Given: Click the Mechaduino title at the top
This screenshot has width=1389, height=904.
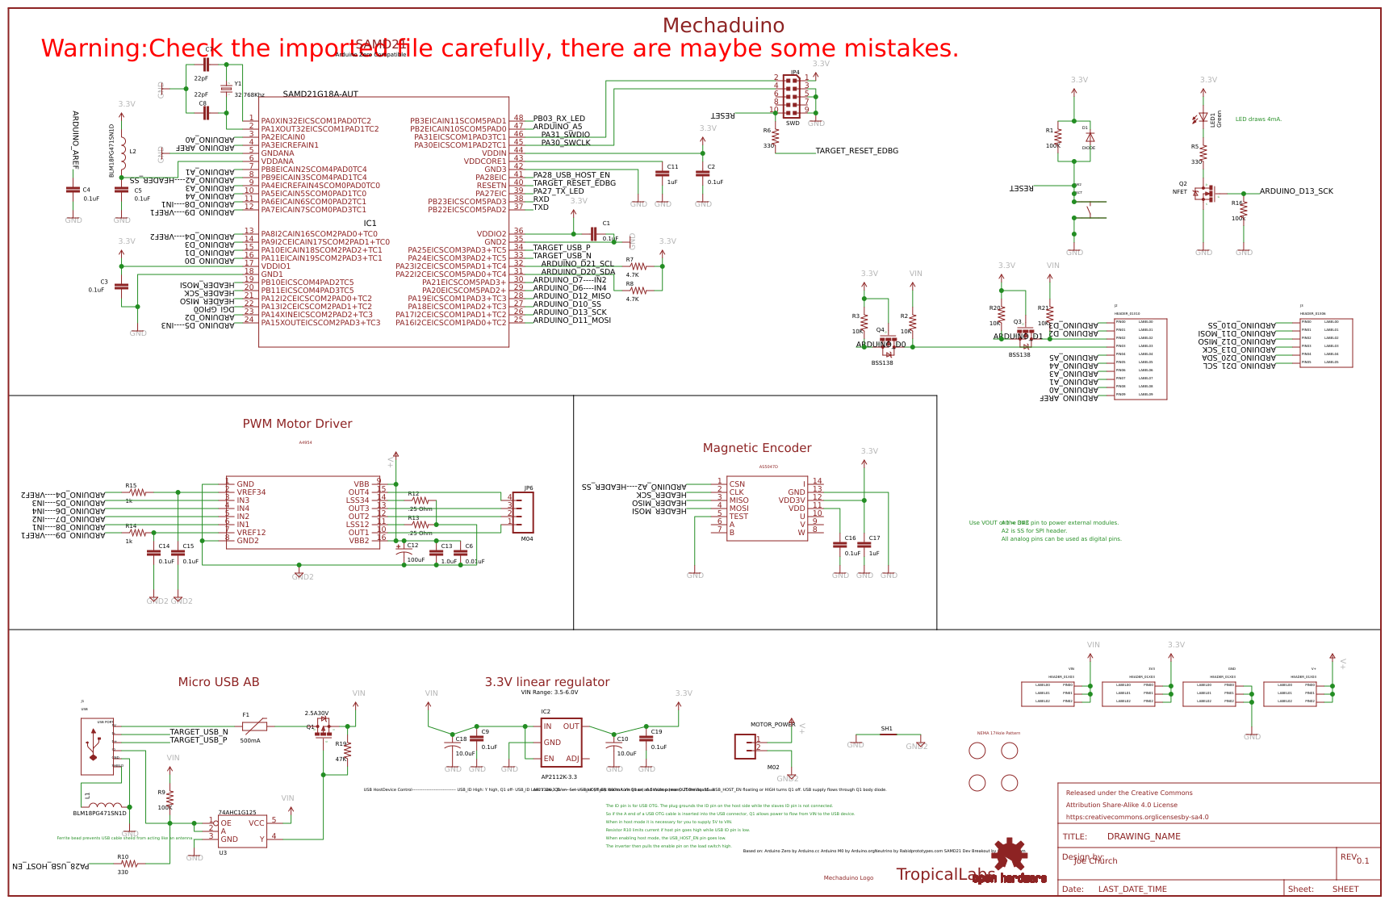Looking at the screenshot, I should [x=723, y=26].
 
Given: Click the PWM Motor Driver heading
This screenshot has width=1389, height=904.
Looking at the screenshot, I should [x=297, y=424].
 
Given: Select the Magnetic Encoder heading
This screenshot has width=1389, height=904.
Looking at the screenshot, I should [x=756, y=448].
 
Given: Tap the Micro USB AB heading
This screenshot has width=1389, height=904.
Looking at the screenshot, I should [x=219, y=682].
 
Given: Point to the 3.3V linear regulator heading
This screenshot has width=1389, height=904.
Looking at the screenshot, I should [x=547, y=682].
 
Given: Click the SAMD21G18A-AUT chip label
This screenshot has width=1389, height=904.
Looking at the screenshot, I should [x=320, y=94].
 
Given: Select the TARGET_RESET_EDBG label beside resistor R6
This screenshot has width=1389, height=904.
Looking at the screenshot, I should [x=856, y=151].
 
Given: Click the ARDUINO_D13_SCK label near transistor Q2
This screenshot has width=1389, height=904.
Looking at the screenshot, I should [x=1296, y=191].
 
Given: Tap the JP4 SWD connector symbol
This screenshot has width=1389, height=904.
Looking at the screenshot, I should [x=792, y=96].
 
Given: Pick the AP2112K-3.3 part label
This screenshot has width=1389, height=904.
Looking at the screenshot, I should [x=559, y=777].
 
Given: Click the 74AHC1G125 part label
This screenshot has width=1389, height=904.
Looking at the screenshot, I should [x=237, y=813].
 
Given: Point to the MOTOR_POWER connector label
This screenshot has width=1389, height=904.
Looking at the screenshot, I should [x=772, y=725].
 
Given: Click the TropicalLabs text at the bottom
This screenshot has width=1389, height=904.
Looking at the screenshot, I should [x=945, y=875].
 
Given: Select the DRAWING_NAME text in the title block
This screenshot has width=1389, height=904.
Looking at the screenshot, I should [x=1144, y=837].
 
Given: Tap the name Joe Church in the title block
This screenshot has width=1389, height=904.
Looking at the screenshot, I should [x=1095, y=861].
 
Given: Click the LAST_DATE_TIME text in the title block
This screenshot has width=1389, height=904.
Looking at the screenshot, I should [x=1132, y=889].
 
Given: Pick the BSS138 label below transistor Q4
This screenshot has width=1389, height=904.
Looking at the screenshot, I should [x=882, y=363].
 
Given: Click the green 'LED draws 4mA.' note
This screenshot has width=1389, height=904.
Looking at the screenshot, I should [x=1258, y=119].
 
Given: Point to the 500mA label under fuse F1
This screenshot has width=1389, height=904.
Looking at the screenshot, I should [x=250, y=741].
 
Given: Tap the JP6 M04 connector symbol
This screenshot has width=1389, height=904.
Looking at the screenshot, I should [x=522, y=513].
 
